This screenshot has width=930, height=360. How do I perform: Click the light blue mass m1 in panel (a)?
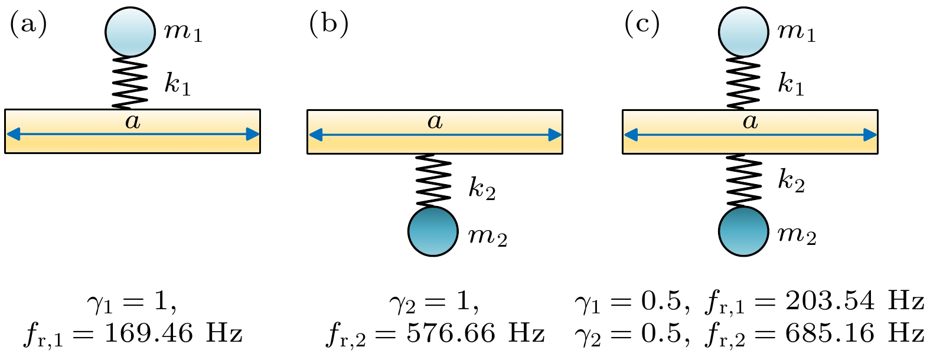130,32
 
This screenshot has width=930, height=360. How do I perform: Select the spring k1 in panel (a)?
130,83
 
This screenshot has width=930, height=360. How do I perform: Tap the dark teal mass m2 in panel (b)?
433,231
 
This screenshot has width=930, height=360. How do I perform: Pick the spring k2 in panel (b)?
433,181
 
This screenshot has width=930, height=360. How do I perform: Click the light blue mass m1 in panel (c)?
743,32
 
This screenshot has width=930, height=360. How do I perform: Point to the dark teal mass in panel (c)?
743,231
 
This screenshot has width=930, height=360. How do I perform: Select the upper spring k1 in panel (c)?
743,83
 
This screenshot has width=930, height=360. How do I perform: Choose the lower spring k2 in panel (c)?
743,181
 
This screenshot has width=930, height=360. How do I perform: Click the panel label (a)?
28,25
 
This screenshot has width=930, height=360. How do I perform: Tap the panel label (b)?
328,25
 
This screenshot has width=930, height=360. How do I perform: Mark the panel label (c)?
642,25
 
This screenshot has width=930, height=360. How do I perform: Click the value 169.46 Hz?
173,334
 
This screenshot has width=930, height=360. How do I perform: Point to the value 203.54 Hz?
854,302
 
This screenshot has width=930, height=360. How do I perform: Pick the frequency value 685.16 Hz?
854,334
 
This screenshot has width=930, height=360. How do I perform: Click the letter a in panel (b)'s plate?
435,122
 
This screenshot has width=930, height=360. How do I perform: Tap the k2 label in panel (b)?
482,187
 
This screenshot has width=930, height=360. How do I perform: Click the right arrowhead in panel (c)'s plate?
870,135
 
